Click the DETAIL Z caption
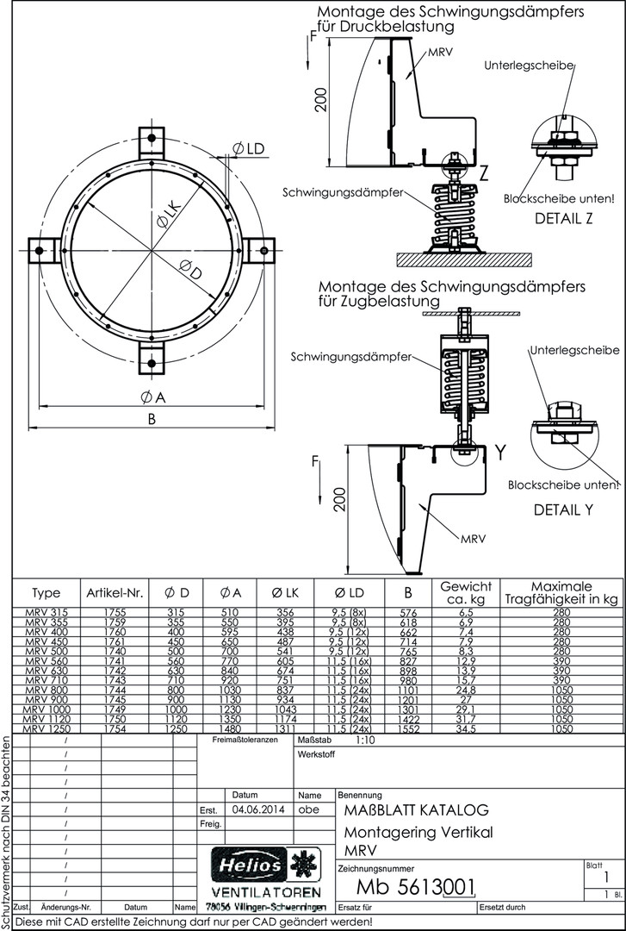tap(563, 218)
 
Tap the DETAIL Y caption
tap(563, 509)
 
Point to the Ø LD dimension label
tap(248, 149)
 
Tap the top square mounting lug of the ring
tap(152, 138)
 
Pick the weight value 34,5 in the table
tap(465, 728)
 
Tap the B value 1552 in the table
tap(408, 728)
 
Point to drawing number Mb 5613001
tap(415, 889)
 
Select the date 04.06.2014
tap(257, 809)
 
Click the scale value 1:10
tap(365, 740)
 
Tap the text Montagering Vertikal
tap(418, 832)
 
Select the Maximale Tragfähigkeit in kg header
tap(561, 592)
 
